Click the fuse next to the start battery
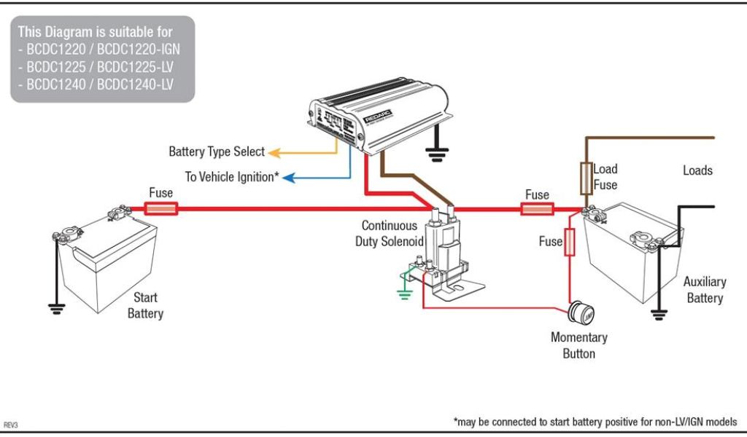click(161, 209)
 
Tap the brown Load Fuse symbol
click(585, 179)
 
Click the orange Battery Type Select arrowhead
click(274, 152)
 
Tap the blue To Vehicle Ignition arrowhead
click(288, 176)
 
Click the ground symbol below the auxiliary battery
click(659, 314)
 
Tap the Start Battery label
click(145, 305)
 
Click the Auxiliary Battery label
click(705, 289)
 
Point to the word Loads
click(697, 170)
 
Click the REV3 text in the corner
click(11, 424)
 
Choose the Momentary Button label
click(578, 345)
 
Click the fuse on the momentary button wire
click(570, 242)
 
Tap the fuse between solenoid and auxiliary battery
click(537, 210)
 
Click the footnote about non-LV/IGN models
click(595, 422)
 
